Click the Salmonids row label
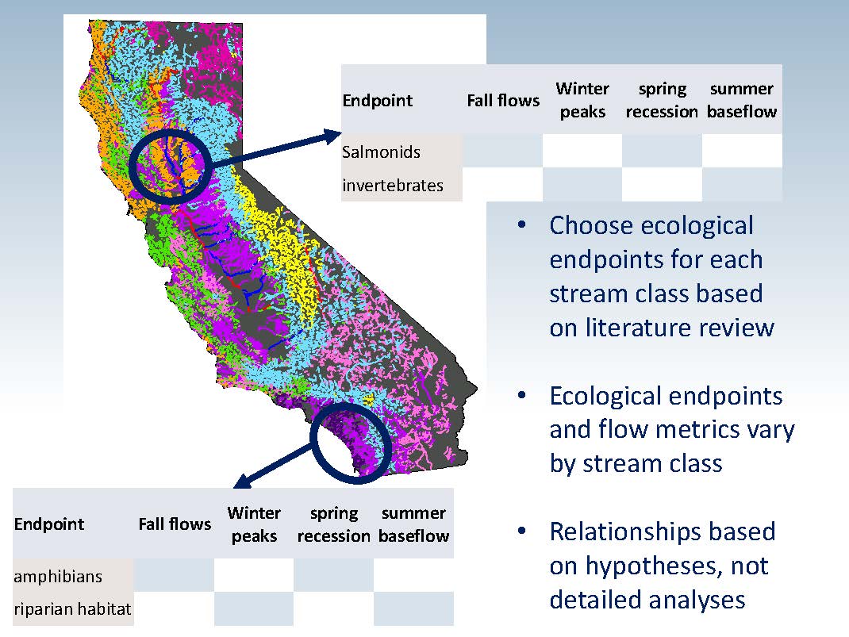(x=381, y=152)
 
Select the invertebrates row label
(x=393, y=185)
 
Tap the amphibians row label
(x=58, y=577)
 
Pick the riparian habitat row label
(x=72, y=609)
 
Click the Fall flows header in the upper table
(x=503, y=101)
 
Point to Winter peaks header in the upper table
(x=582, y=100)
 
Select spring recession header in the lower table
(x=333, y=524)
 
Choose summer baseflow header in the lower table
(x=413, y=524)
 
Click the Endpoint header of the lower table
(x=49, y=524)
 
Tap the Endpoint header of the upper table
(x=378, y=101)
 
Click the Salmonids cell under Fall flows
(x=502, y=151)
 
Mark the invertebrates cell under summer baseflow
(x=742, y=184)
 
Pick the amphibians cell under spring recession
(x=333, y=575)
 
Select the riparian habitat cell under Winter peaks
(x=253, y=608)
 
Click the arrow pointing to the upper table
(x=275, y=148)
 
